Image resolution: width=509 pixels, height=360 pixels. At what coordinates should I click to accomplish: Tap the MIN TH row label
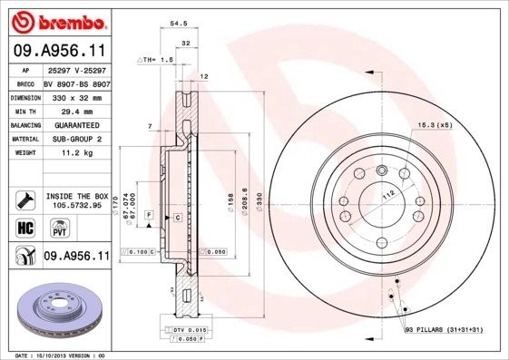click(x=24, y=111)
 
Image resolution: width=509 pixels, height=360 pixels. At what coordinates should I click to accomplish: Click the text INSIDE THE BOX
click(x=75, y=196)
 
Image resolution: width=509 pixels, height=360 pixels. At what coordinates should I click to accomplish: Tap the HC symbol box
click(x=24, y=228)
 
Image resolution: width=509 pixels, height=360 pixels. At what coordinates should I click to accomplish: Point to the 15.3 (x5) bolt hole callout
click(x=434, y=124)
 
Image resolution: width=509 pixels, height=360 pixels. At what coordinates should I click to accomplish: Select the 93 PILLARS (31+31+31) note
click(x=444, y=329)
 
